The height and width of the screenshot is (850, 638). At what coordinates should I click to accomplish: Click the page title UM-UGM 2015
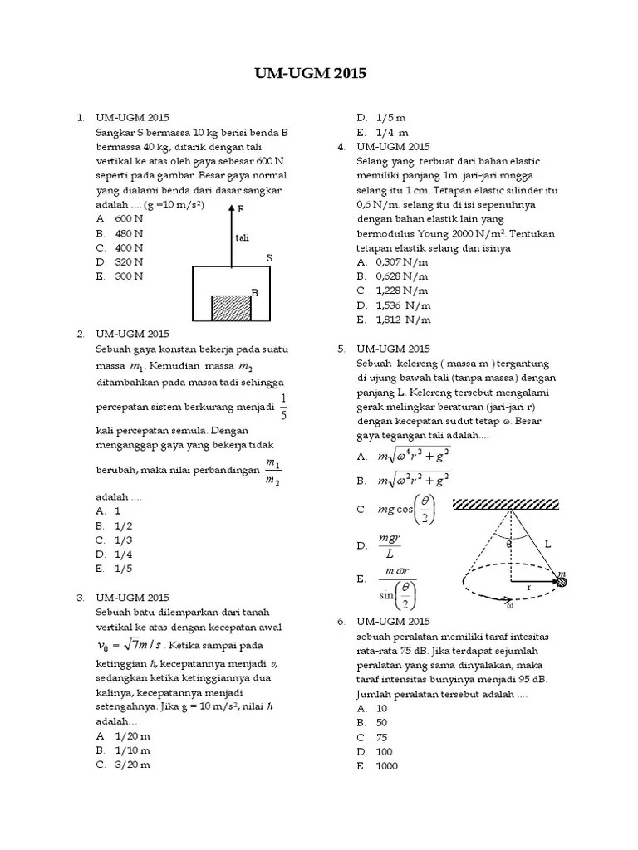click(x=309, y=75)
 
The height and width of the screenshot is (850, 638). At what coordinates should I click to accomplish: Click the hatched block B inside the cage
click(x=231, y=308)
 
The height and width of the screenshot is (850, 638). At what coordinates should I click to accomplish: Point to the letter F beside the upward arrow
click(x=241, y=209)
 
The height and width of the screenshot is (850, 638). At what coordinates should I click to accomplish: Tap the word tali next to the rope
click(x=243, y=237)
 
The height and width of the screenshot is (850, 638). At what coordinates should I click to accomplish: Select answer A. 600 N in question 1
click(x=120, y=218)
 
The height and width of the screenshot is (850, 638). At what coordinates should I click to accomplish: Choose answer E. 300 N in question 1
click(x=120, y=276)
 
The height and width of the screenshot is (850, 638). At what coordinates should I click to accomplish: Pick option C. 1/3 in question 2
click(x=115, y=540)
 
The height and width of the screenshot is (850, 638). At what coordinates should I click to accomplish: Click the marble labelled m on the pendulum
click(x=562, y=582)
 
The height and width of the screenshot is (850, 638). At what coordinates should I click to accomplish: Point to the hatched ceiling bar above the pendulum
click(x=506, y=502)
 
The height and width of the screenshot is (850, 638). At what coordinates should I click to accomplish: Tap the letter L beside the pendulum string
click(x=547, y=544)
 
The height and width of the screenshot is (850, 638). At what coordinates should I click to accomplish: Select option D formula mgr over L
click(x=389, y=545)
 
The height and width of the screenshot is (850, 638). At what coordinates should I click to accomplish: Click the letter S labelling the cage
click(x=268, y=258)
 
